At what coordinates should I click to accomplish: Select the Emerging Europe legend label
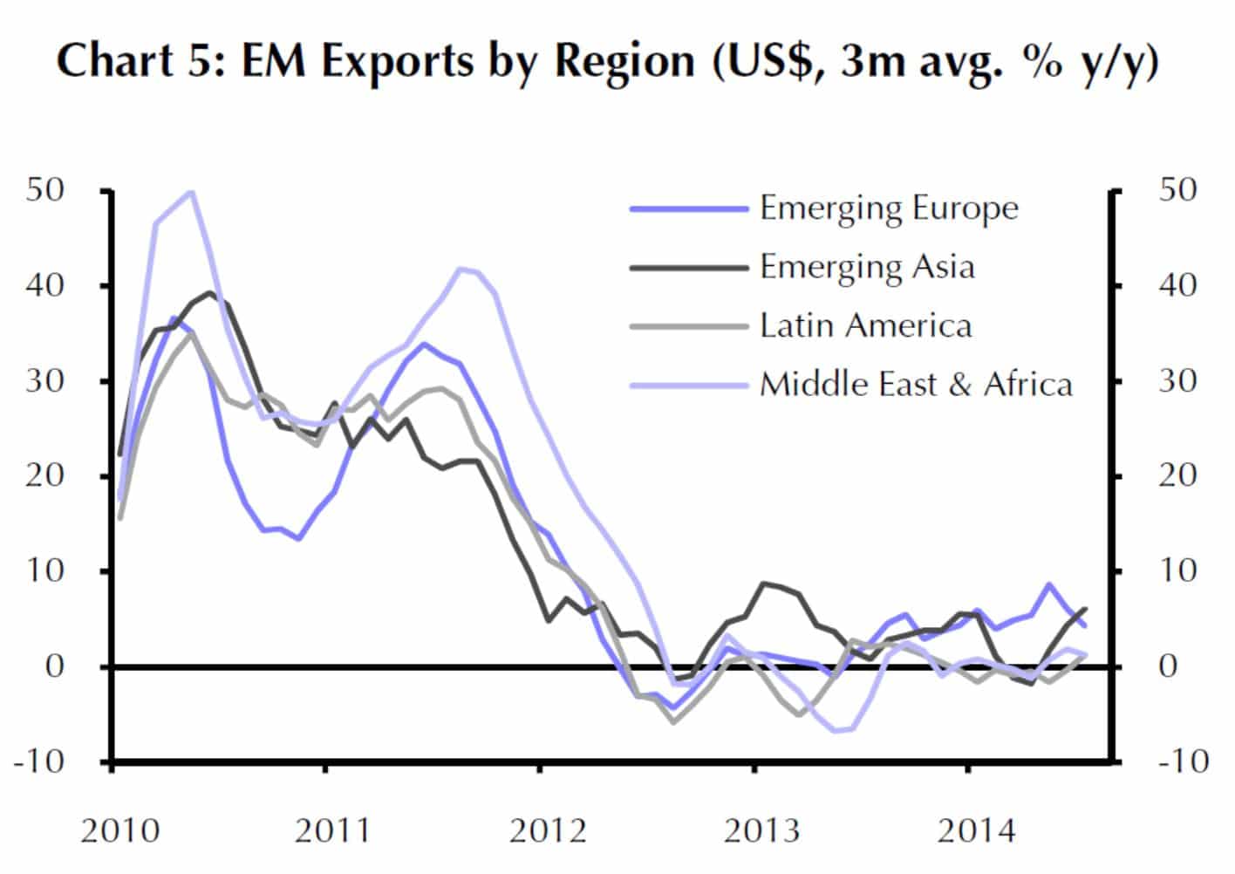[888, 208]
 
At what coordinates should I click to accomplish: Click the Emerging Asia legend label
[866, 267]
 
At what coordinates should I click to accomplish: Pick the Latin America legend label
[865, 325]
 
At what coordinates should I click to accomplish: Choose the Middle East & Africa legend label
[916, 384]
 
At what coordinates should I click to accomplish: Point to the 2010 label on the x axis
[120, 830]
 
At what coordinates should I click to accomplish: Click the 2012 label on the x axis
[548, 830]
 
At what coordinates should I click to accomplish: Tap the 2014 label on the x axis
[976, 830]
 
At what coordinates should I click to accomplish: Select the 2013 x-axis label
[762, 830]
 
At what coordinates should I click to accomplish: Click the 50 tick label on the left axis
[45, 190]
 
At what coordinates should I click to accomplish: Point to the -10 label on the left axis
[39, 761]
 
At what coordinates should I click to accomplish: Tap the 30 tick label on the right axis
[1177, 380]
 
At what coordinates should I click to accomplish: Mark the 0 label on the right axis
[1177, 666]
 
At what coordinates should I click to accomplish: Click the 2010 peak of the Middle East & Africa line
[191, 192]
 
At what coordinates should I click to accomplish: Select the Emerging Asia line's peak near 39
[209, 293]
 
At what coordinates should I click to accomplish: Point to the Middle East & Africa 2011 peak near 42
[462, 270]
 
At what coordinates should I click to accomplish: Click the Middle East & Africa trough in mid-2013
[838, 730]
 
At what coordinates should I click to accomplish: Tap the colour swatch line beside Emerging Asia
[689, 268]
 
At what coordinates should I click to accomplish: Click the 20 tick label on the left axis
[45, 475]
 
